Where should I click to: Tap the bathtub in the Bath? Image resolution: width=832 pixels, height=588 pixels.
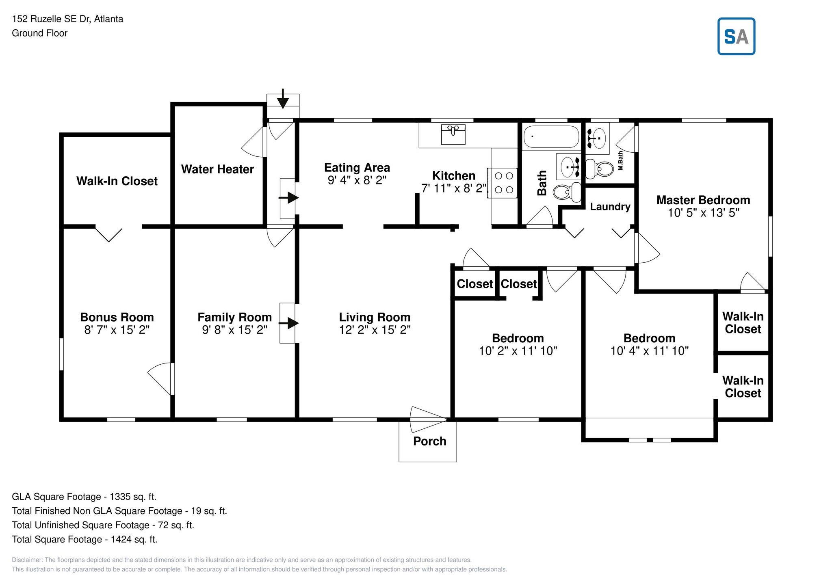[x=551, y=137]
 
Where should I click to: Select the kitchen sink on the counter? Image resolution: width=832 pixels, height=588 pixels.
[x=453, y=134]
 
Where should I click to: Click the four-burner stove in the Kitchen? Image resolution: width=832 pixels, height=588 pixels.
[x=503, y=183]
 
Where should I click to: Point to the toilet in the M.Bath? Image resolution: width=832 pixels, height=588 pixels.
[x=599, y=169]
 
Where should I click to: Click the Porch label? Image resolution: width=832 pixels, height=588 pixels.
[x=429, y=441]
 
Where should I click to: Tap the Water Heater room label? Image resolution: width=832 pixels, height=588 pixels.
[x=217, y=169]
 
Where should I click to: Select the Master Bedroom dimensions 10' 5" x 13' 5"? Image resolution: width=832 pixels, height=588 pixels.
[x=703, y=213]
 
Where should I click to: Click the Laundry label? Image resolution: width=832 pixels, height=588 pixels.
[x=610, y=207]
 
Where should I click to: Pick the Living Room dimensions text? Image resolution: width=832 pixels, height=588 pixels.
[x=375, y=330]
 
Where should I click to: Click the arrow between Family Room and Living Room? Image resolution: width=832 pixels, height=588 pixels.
[x=288, y=323]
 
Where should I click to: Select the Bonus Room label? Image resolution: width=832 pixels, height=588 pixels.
[x=117, y=317]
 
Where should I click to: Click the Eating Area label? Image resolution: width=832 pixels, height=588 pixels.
[x=357, y=168]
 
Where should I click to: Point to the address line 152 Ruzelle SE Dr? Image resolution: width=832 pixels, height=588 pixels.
[x=67, y=19]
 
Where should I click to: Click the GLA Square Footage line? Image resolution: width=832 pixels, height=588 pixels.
[x=84, y=497]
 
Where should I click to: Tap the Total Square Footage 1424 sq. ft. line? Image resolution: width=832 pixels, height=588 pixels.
[x=84, y=539]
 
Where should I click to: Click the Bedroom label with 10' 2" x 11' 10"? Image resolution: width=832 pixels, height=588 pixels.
[x=518, y=338]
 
